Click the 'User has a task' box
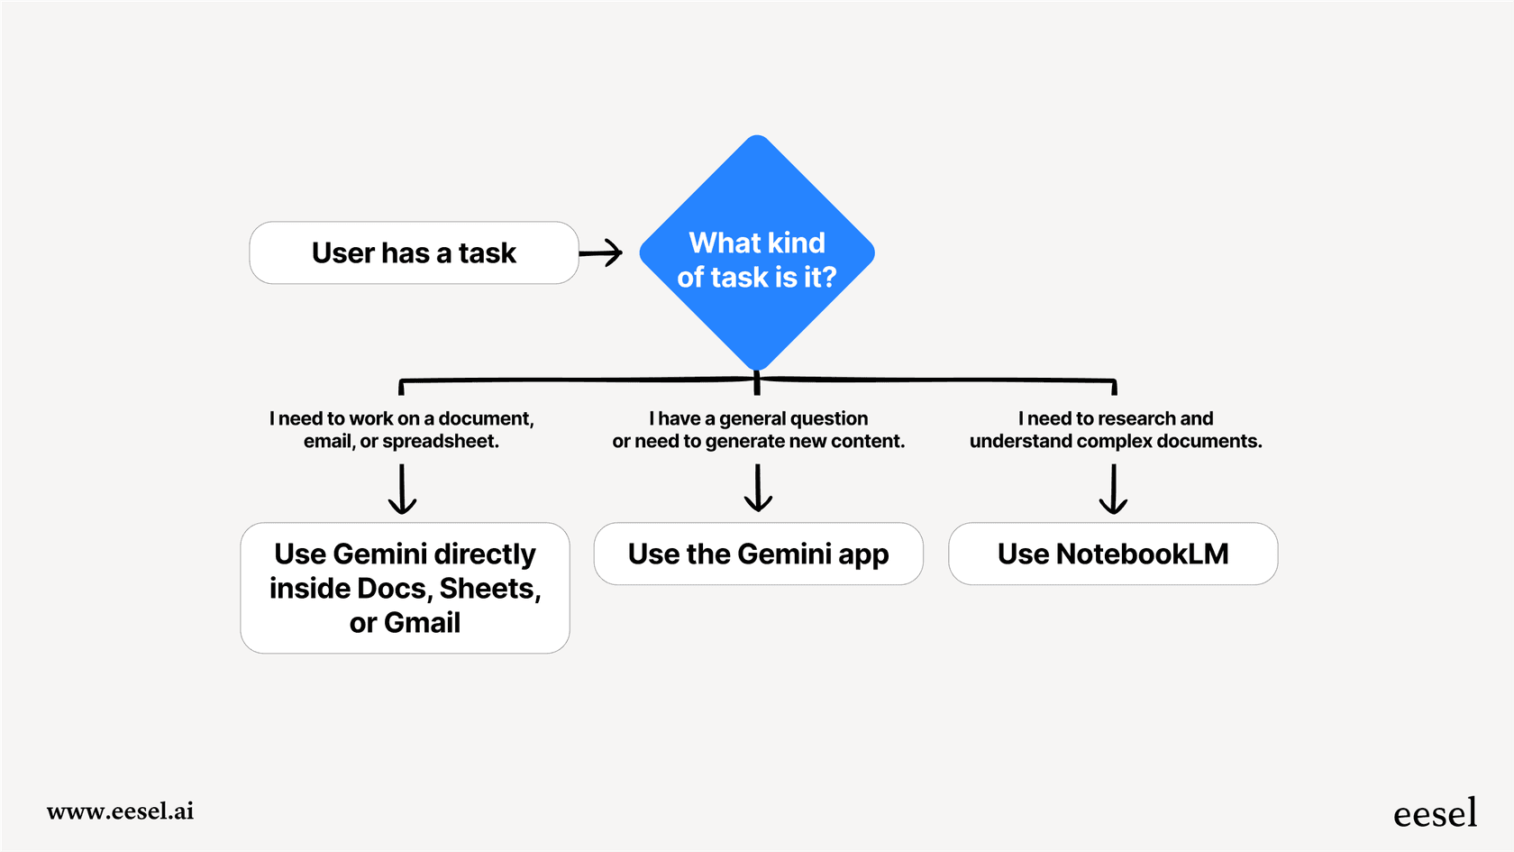point(414,253)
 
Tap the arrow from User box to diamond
point(601,253)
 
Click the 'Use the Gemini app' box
point(758,554)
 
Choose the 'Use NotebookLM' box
point(1113,554)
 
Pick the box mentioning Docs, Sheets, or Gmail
point(405,588)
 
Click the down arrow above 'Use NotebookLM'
point(1114,490)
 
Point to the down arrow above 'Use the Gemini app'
point(758,488)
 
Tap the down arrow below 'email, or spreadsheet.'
point(402,490)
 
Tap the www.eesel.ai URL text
point(120,811)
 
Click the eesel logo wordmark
point(1435,813)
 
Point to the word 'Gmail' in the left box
point(422,623)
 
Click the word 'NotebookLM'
point(1142,554)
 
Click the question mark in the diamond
point(828,278)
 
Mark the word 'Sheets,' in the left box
point(489,589)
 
